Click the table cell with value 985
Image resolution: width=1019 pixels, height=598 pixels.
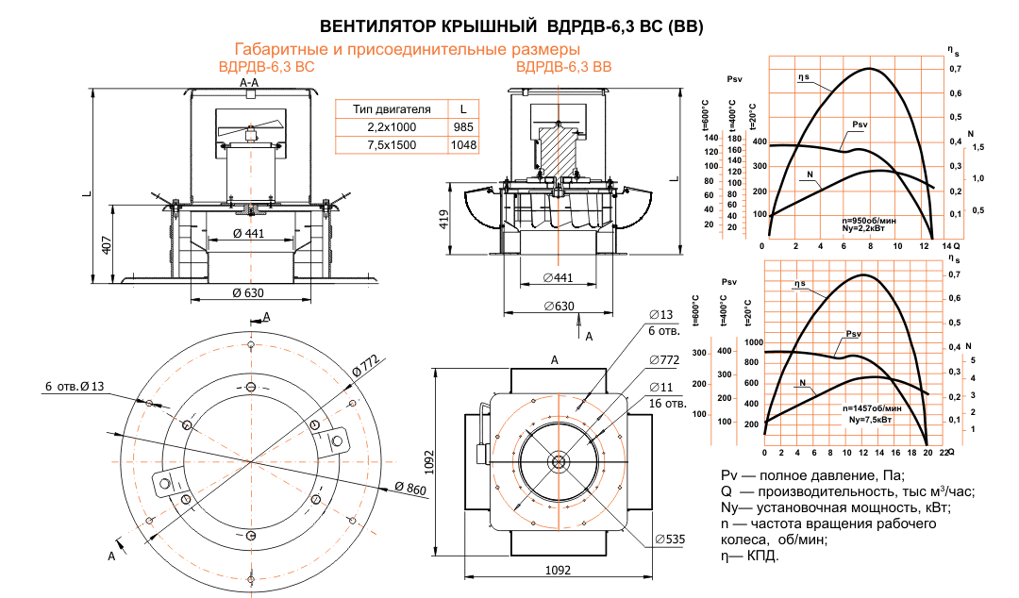tap(462, 127)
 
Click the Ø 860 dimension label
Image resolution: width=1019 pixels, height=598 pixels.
tap(412, 488)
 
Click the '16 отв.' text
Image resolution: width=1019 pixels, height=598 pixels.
tap(667, 403)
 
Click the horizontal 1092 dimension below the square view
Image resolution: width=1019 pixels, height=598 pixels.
tap(560, 572)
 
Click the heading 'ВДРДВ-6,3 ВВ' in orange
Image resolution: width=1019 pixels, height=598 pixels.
tap(563, 67)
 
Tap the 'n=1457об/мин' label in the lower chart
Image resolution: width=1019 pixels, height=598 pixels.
tap(873, 408)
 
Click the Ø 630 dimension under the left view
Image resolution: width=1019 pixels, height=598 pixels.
tap(248, 292)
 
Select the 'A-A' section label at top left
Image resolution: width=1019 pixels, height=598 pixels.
tap(250, 84)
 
